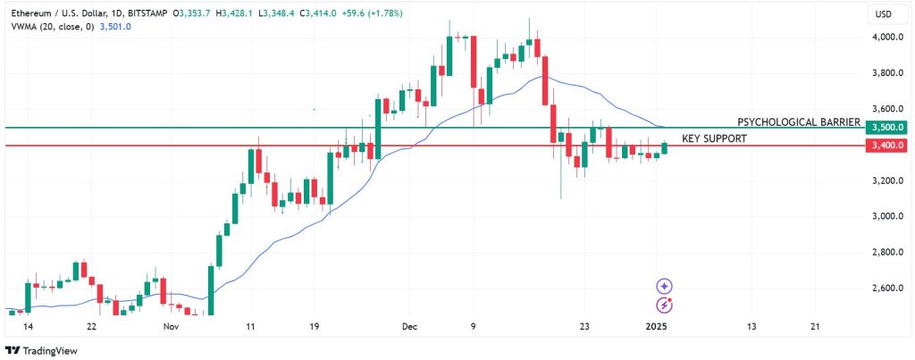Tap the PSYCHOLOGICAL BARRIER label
[798, 121]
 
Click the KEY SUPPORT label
[714, 139]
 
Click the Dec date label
[410, 327]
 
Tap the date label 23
[583, 327]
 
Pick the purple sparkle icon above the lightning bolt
[665, 287]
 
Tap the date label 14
[28, 327]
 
